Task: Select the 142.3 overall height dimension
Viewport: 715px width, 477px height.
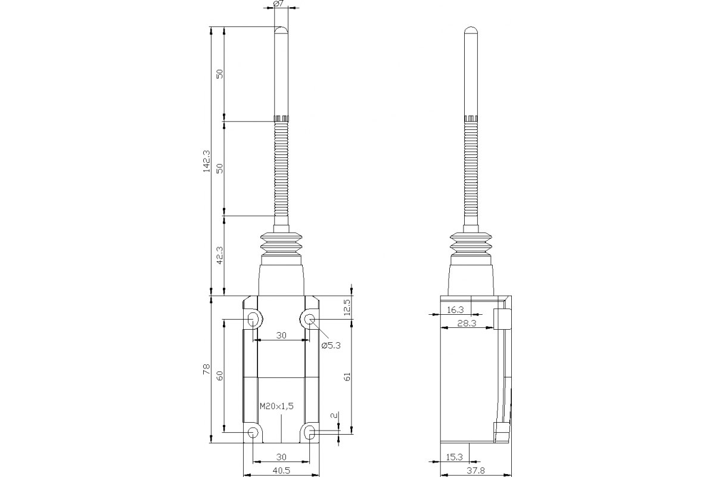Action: click(x=206, y=161)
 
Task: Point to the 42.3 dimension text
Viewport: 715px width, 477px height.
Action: click(x=219, y=255)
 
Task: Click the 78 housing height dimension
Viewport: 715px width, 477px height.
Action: click(x=206, y=370)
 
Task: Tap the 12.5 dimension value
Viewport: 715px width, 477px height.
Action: click(x=347, y=308)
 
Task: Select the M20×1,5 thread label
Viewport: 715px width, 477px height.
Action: click(x=277, y=406)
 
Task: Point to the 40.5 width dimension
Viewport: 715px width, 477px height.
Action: click(x=281, y=470)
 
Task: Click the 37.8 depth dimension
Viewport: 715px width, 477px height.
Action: click(x=475, y=470)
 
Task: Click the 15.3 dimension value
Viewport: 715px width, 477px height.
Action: click(x=455, y=457)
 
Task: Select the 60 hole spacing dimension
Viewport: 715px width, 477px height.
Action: click(x=219, y=376)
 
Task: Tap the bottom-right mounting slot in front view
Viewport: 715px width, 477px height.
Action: click(x=310, y=432)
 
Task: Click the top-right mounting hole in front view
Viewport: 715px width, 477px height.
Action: click(x=310, y=319)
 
